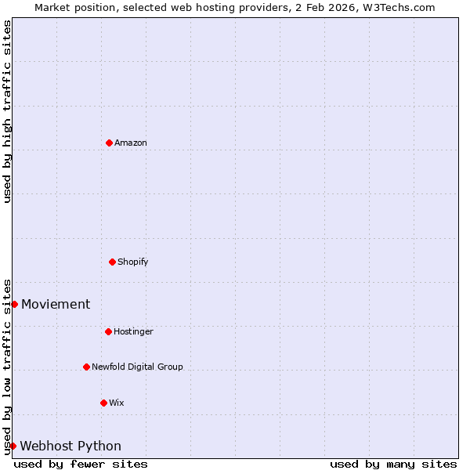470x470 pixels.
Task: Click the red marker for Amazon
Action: (x=109, y=143)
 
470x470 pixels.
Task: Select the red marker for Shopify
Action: (x=112, y=262)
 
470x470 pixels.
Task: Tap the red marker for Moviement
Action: (x=14, y=304)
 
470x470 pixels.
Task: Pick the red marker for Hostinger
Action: (x=108, y=331)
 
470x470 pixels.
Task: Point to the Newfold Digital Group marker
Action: (x=86, y=367)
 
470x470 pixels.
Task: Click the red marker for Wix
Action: (x=103, y=403)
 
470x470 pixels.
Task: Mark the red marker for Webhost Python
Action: (x=13, y=446)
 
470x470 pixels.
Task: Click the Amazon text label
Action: (x=131, y=143)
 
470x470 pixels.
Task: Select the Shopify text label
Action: (x=133, y=262)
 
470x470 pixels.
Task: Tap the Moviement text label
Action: (x=56, y=304)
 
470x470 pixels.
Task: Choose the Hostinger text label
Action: (x=133, y=331)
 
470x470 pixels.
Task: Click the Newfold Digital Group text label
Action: (x=137, y=367)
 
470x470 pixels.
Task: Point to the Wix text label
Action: (x=116, y=403)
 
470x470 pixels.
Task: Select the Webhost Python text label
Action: (x=70, y=446)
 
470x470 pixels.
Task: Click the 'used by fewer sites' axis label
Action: (x=81, y=464)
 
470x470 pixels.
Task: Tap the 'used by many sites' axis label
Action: (x=393, y=464)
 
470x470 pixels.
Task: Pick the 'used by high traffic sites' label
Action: (x=7, y=111)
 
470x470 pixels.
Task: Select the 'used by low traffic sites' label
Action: (x=7, y=367)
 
